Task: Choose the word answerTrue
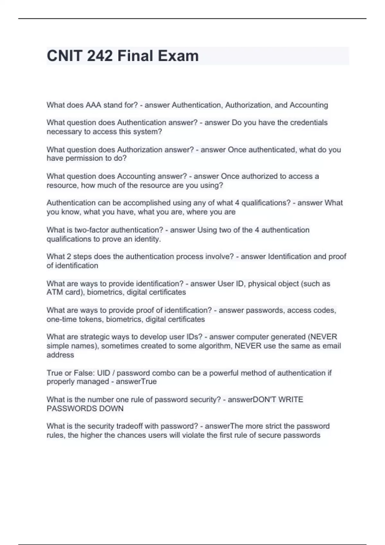pos(136,382)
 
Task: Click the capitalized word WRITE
pos(291,399)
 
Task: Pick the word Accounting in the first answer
pos(309,105)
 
